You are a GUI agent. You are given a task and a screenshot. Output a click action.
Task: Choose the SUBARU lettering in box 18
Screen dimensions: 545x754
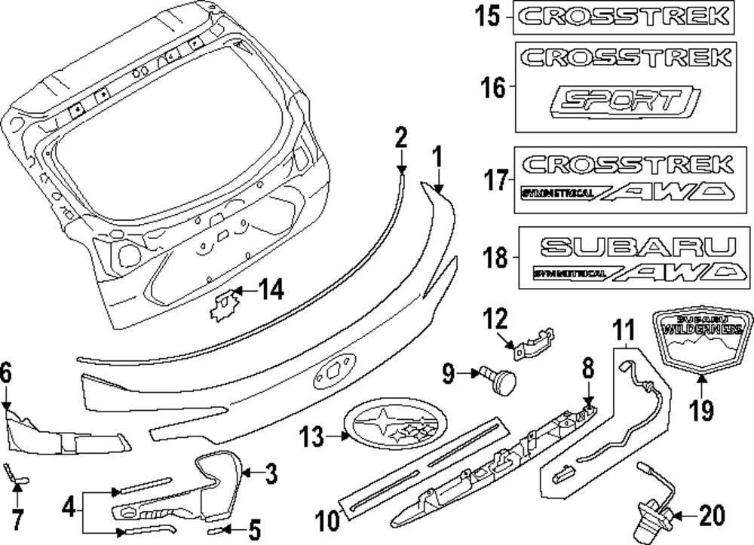point(638,246)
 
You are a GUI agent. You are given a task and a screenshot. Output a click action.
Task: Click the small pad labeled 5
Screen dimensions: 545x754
point(218,532)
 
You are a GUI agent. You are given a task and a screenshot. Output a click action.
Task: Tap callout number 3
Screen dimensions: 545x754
point(271,474)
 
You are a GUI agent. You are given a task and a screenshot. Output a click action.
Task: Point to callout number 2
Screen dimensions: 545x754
point(400,138)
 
